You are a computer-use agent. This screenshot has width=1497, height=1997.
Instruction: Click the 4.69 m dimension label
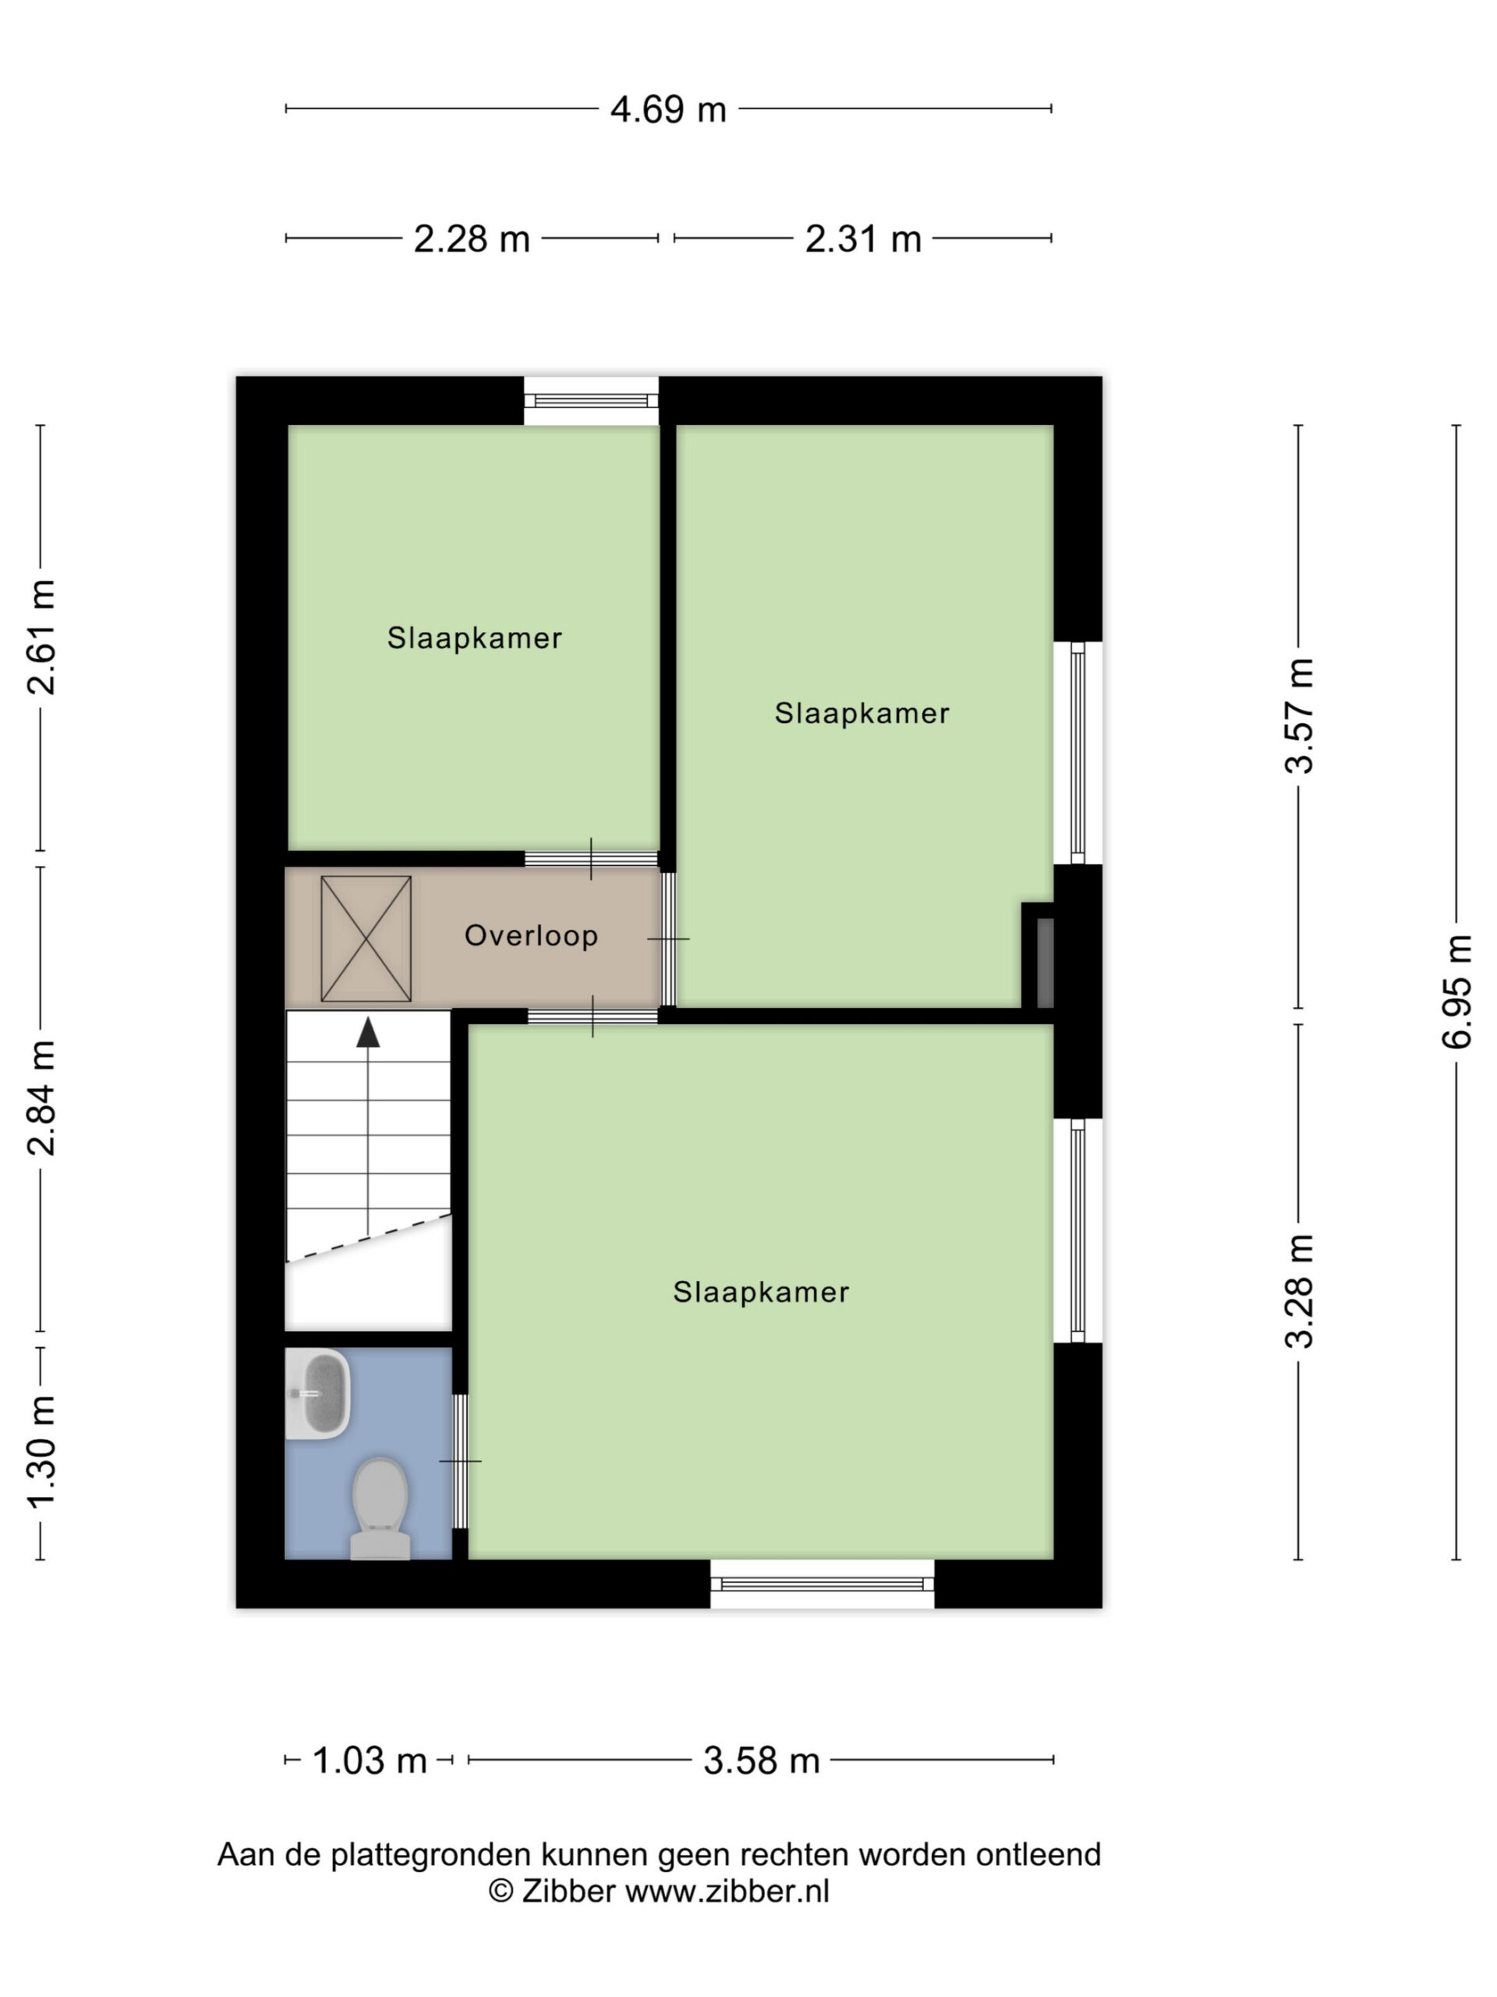pyautogui.click(x=667, y=109)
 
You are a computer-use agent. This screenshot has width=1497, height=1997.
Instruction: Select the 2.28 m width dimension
pyautogui.click(x=471, y=239)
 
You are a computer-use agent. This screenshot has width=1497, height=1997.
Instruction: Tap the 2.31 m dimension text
pyautogui.click(x=862, y=239)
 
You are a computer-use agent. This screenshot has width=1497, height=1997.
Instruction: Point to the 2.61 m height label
pyautogui.click(x=41, y=637)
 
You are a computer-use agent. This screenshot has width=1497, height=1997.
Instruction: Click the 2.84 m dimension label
pyautogui.click(x=41, y=1097)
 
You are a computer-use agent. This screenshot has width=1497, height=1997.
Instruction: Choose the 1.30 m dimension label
pyautogui.click(x=41, y=1452)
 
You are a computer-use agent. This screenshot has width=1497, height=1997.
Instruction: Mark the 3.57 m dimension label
pyautogui.click(x=1300, y=716)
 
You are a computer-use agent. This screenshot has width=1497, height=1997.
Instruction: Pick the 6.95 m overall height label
pyautogui.click(x=1456, y=991)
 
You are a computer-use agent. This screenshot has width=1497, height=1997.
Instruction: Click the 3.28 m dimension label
pyautogui.click(x=1300, y=1290)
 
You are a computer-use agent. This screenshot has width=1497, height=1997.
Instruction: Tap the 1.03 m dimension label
pyautogui.click(x=369, y=1761)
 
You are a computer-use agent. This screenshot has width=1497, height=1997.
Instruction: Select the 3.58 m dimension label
pyautogui.click(x=762, y=1761)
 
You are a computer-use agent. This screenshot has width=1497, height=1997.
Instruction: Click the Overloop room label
pyautogui.click(x=531, y=935)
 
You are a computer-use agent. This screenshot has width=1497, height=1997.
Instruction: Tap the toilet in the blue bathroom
pyautogui.click(x=380, y=1508)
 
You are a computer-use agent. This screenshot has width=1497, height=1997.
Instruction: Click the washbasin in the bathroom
pyautogui.click(x=317, y=1394)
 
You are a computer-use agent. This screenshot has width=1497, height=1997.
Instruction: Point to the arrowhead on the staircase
pyautogui.click(x=367, y=1032)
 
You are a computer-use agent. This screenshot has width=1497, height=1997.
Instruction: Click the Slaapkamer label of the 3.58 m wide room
pyautogui.click(x=761, y=1292)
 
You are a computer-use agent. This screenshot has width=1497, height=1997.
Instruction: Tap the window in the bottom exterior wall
pyautogui.click(x=822, y=1584)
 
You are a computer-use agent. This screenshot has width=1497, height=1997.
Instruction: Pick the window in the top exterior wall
pyautogui.click(x=591, y=401)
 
